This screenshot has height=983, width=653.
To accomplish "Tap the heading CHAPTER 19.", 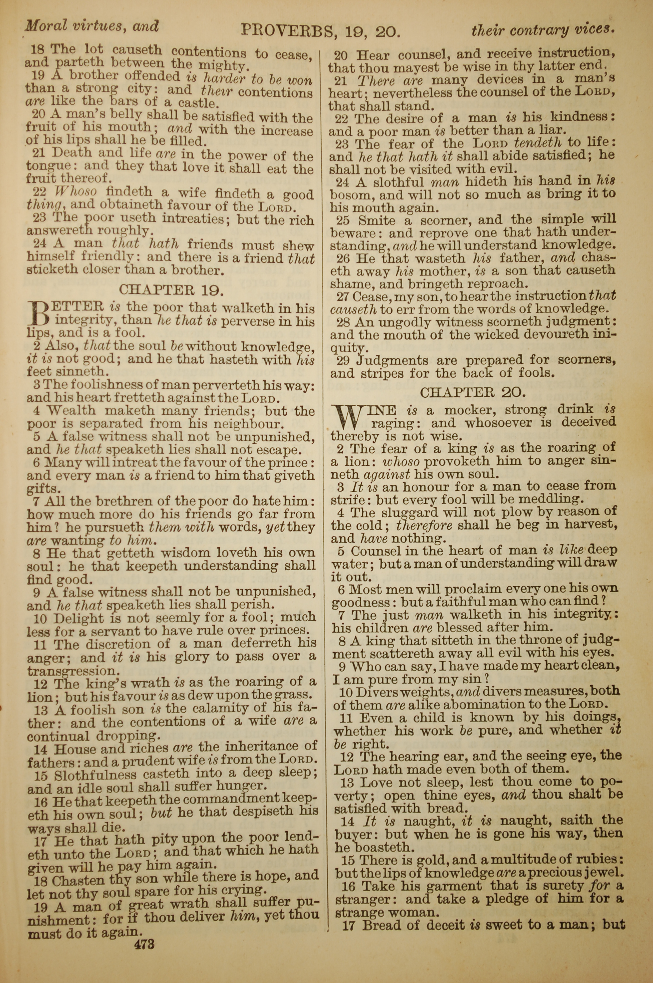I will pos(172,289).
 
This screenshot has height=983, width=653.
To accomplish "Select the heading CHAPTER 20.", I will pos(473,392).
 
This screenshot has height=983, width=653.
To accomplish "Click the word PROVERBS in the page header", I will pos(286,30).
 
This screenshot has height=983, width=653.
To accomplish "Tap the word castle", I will pos(198,103).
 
